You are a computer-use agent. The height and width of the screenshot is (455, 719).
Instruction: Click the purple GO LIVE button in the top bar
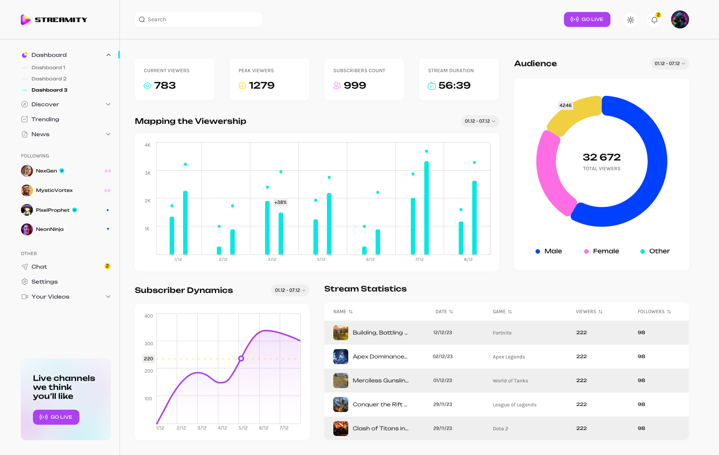pyautogui.click(x=587, y=19)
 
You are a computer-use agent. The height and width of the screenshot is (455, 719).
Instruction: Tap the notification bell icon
pyautogui.click(x=654, y=20)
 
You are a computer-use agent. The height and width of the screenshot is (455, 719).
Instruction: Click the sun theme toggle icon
pyautogui.click(x=631, y=20)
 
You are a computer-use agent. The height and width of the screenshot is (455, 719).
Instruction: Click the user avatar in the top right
pyautogui.click(x=680, y=19)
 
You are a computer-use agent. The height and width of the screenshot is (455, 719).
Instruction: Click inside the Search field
pyautogui.click(x=198, y=19)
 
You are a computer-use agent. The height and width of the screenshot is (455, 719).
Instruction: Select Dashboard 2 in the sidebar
pyautogui.click(x=49, y=79)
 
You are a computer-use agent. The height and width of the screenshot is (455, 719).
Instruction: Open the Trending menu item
pyautogui.click(x=45, y=119)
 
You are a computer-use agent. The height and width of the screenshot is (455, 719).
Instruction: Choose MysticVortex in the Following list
pyautogui.click(x=54, y=190)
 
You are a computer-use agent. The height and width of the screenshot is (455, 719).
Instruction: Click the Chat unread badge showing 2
pyautogui.click(x=107, y=266)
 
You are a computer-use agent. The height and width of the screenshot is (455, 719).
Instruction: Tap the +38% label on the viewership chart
pyautogui.click(x=280, y=202)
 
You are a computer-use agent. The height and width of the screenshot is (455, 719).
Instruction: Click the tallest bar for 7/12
pyautogui.click(x=427, y=208)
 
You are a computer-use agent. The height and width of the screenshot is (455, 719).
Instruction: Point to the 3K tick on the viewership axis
pyautogui.click(x=148, y=173)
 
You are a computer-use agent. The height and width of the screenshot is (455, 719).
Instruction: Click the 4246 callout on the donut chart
pyautogui.click(x=565, y=106)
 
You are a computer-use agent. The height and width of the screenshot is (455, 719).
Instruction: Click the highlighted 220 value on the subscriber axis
pyautogui.click(x=148, y=358)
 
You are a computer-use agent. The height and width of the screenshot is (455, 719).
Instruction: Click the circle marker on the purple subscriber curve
pyautogui.click(x=241, y=358)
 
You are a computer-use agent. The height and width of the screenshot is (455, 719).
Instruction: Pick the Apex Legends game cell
pyautogui.click(x=509, y=357)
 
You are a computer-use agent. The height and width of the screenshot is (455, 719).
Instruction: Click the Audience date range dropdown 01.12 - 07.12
pyautogui.click(x=669, y=64)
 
